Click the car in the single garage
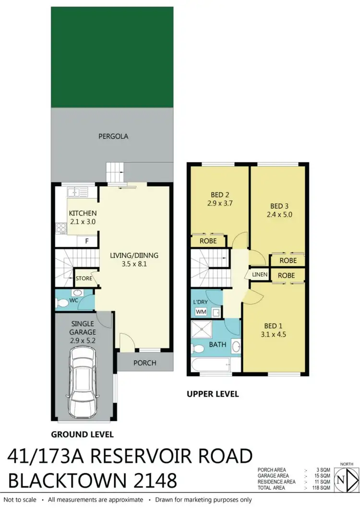tap(84, 382)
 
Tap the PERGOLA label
tap(113, 136)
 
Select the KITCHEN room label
tap(83, 213)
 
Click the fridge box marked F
tap(86, 241)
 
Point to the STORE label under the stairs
tap(84, 278)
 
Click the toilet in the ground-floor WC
tap(62, 303)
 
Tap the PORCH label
tap(145, 363)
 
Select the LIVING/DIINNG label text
tap(134, 255)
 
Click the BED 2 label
tap(219, 195)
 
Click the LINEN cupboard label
tap(259, 274)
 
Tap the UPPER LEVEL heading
tap(212, 394)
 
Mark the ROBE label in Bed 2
tap(208, 241)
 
